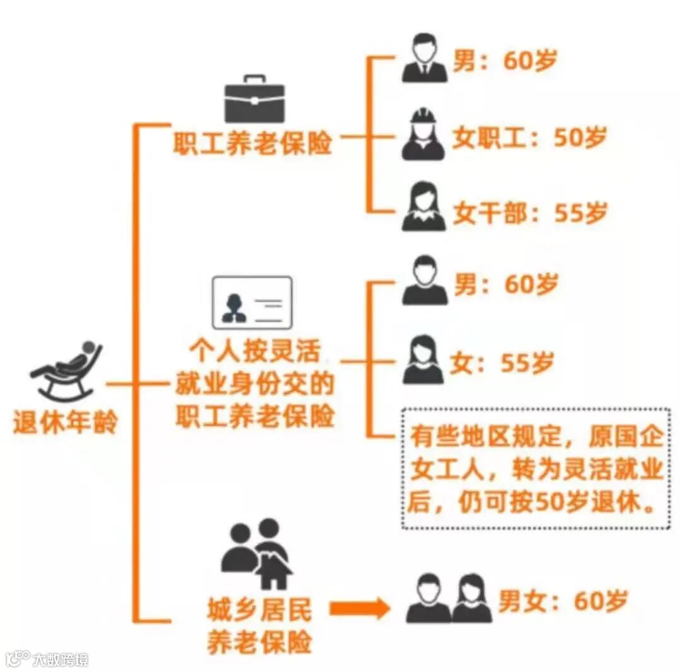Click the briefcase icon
click(x=255, y=100)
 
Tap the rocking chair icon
click(x=66, y=372)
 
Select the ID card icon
click(x=251, y=303)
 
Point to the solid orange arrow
click(x=360, y=608)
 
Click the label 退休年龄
click(x=65, y=422)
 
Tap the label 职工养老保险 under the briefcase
click(x=253, y=144)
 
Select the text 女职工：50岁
click(x=529, y=138)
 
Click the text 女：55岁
click(x=502, y=363)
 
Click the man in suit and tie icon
click(x=425, y=58)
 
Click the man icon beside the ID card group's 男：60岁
click(x=425, y=281)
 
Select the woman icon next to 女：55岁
click(x=423, y=360)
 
